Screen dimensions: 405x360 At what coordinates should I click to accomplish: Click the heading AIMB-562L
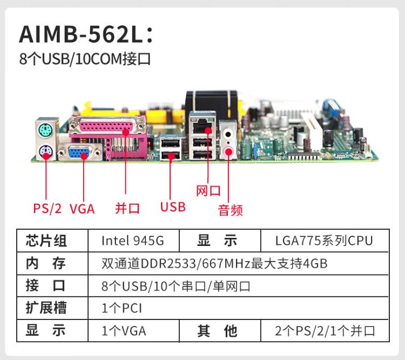pos(86,35)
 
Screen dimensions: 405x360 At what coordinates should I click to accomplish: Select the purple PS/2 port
pos(45,152)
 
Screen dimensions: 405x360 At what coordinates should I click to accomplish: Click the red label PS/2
pos(48,209)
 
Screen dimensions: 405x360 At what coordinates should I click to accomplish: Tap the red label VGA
pos(82,209)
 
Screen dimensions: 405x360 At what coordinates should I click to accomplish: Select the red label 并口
pos(127,208)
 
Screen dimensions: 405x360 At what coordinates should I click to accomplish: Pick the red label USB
pos(173,207)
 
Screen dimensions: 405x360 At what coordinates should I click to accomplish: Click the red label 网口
pos(208,191)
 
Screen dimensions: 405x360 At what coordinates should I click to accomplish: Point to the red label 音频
pos(230,210)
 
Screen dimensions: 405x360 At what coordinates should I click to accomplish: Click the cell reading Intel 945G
pos(133,241)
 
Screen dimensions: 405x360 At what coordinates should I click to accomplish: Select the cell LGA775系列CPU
pos(324,241)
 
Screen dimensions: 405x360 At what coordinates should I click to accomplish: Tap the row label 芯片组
pos(46,241)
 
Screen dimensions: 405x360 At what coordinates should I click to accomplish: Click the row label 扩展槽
pos(46,308)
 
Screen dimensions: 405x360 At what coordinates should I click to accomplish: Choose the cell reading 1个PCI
pos(122,308)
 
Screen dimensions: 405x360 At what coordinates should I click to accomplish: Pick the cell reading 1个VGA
pos(124,331)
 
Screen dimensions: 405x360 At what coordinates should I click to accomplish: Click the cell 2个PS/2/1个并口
pos(325,331)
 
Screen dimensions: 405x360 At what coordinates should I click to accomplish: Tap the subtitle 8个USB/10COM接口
pos(85,59)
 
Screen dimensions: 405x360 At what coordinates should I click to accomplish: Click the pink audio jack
pos(228,151)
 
